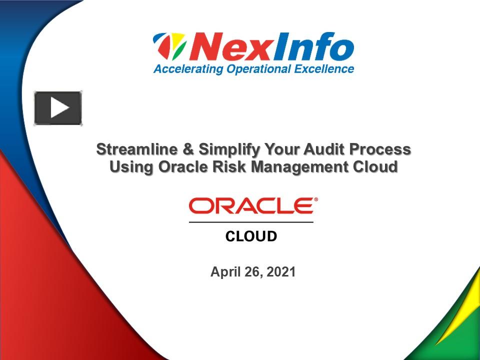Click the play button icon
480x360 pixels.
(58, 108)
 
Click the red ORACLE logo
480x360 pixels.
(252, 205)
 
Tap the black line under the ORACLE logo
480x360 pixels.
(251, 221)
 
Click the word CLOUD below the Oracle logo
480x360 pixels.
(251, 236)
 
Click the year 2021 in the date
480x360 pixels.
(281, 272)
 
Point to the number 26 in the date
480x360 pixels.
(252, 272)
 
